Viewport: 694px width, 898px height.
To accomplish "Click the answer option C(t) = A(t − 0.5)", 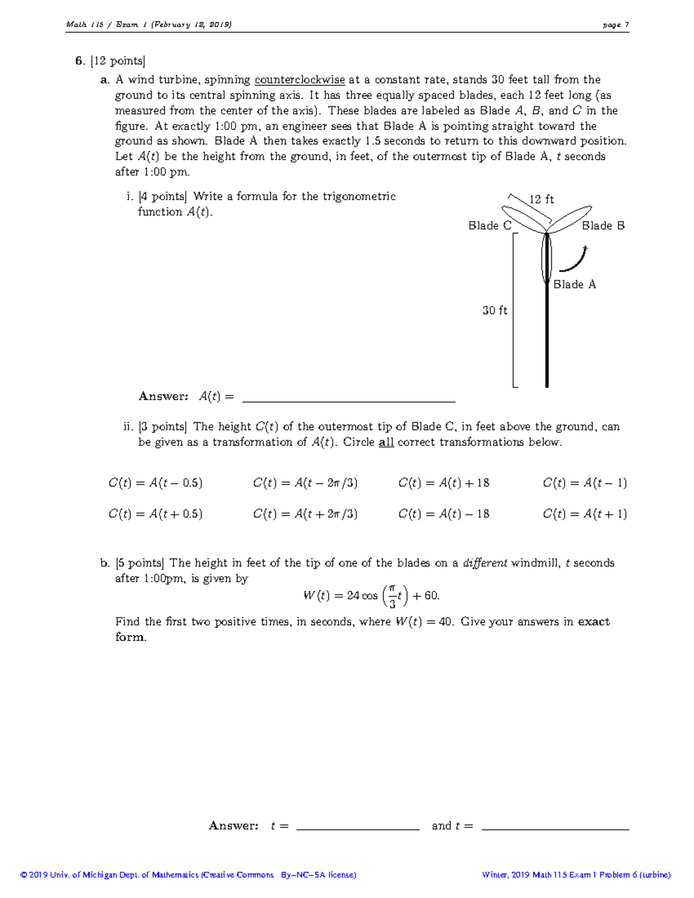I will pos(155,483).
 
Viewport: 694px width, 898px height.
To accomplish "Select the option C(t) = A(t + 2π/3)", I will pos(305,514).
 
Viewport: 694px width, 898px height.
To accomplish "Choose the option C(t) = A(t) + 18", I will pos(444,483).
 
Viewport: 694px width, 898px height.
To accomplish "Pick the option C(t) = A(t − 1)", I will pos(585,483).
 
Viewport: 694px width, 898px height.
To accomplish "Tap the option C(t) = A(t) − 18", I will pos(444,514).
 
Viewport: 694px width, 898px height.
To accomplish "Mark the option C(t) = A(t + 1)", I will pos(585,514).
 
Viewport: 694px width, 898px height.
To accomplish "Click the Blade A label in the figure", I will pos(574,284).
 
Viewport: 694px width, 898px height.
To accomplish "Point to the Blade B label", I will pos(603,226).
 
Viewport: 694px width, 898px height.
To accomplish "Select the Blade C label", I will pos(490,226).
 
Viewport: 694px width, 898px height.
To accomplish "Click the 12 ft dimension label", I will pos(541,199).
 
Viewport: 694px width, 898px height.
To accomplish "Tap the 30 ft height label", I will pos(495,311).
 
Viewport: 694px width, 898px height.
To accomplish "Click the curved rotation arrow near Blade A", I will pos(574,260).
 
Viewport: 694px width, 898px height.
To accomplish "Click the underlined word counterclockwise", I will pos(300,80).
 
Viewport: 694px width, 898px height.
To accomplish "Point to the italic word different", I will pos(485,563).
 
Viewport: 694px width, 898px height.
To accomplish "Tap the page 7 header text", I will pos(615,25).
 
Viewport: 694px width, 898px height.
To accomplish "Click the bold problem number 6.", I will pos(79,61).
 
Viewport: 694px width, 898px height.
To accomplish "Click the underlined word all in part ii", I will pos(386,442).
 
